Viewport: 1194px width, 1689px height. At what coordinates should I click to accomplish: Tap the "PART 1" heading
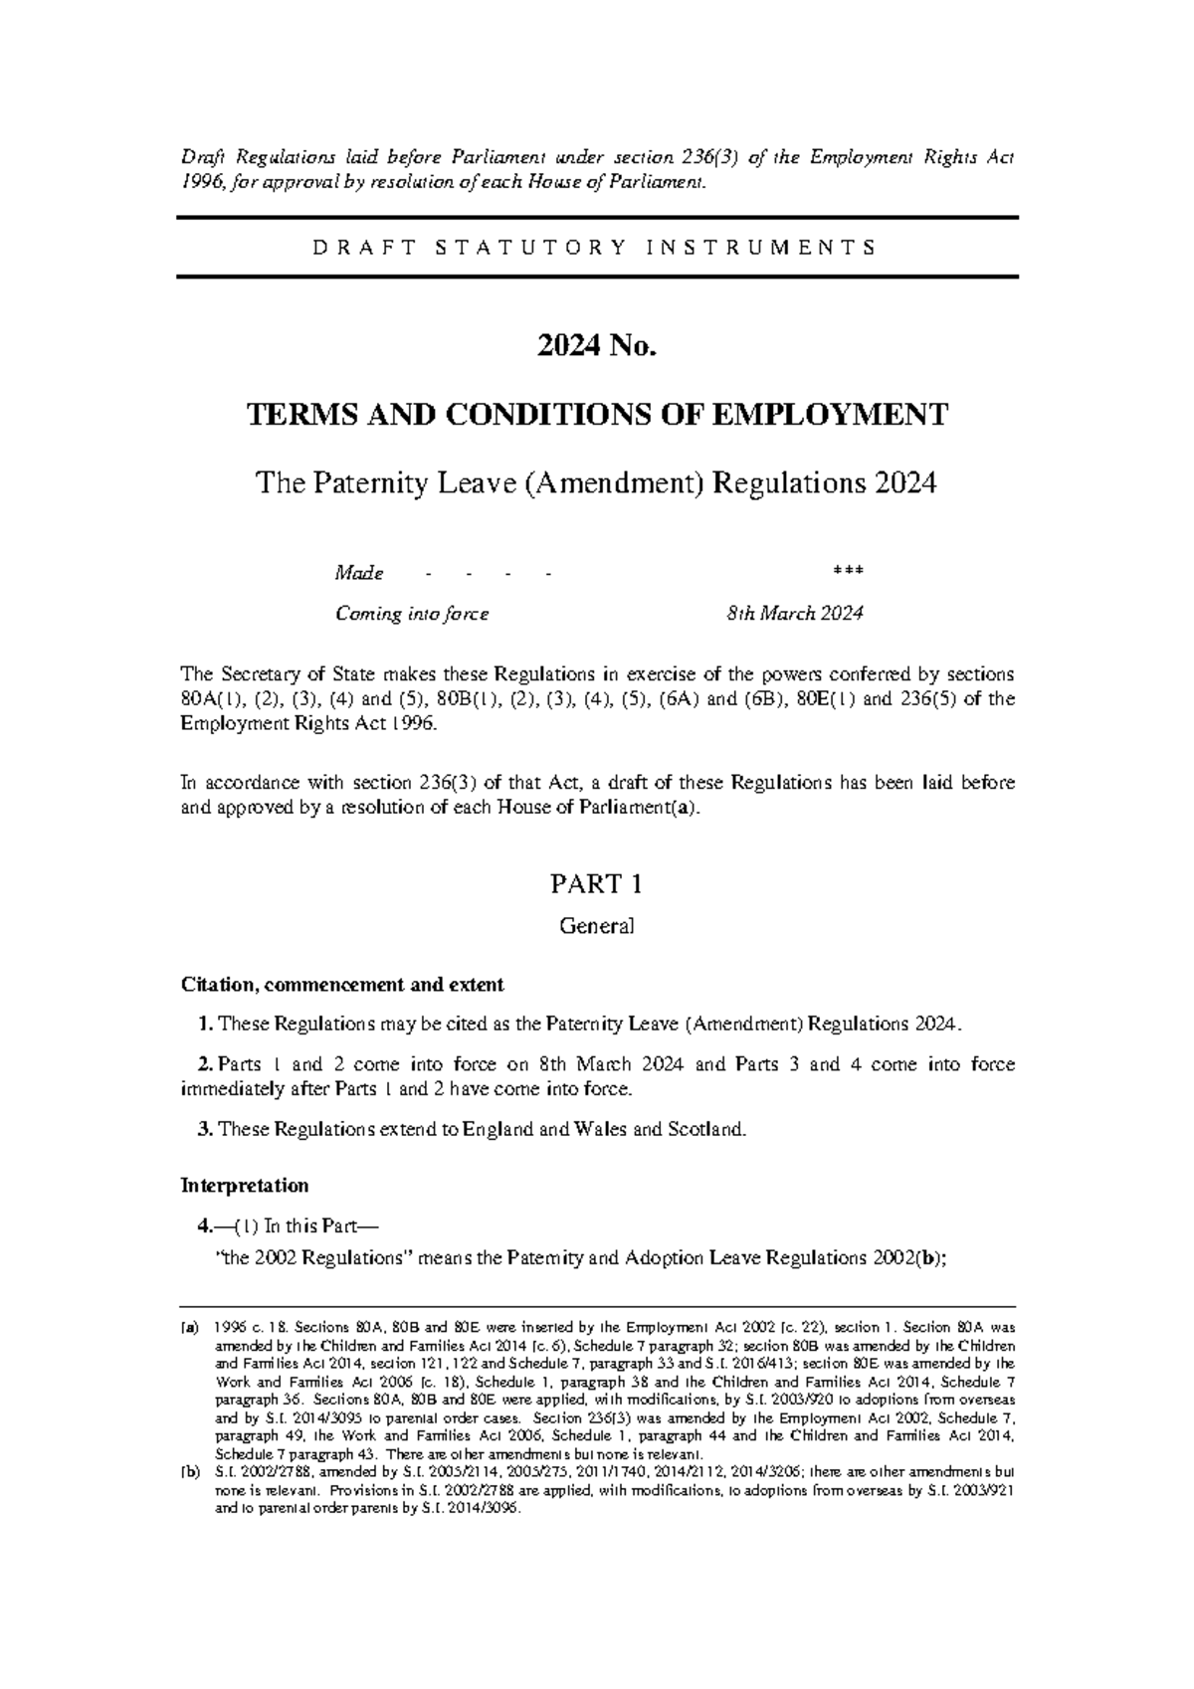597,883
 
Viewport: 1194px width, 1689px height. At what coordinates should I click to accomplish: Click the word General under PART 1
597,926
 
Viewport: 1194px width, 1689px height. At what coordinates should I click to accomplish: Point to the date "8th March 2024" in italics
794,614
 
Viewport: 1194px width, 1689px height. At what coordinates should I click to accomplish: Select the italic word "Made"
359,574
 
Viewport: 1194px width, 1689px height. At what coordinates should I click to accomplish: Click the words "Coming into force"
412,614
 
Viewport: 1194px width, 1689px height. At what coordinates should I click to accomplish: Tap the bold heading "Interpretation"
244,1186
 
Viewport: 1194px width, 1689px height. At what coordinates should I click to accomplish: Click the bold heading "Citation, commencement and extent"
342,985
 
